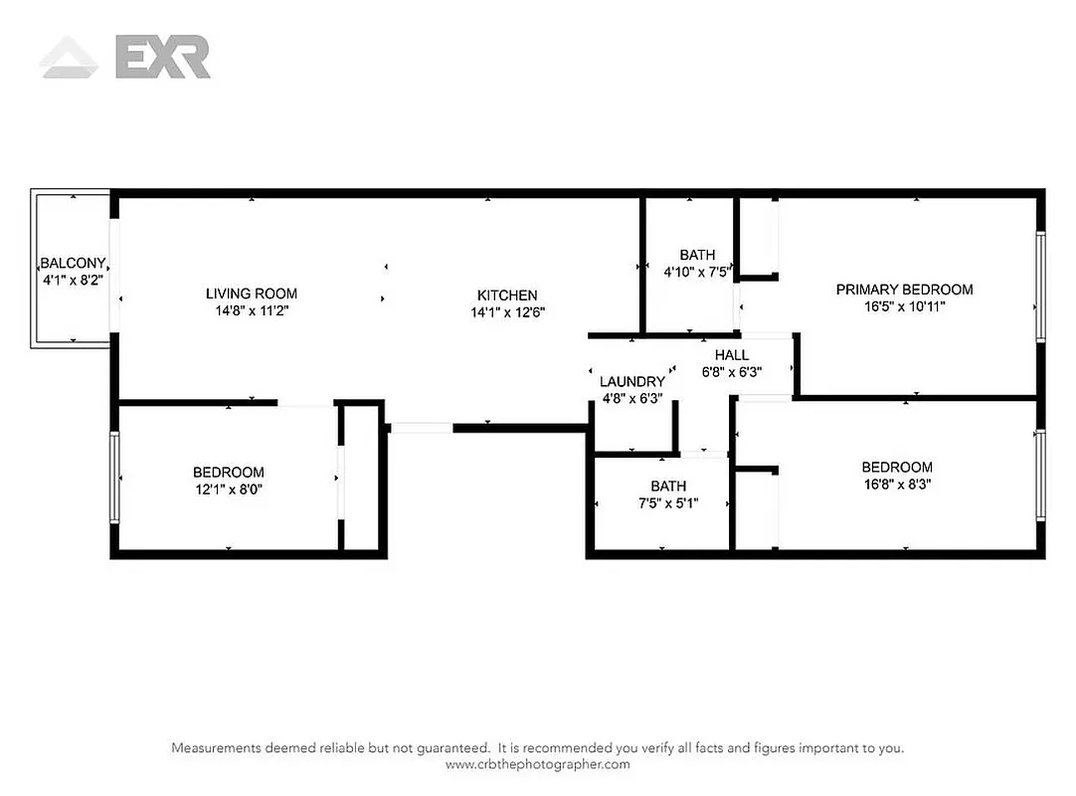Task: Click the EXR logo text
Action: [x=162, y=57]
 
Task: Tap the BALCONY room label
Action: [x=73, y=264]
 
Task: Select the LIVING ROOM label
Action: [x=252, y=294]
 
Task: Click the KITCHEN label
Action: [x=507, y=296]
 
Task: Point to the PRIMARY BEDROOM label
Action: [x=904, y=290]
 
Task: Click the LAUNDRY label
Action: [x=631, y=382]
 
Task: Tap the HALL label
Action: [x=732, y=355]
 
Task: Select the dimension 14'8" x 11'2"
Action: [x=252, y=310]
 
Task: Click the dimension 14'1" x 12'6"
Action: [x=507, y=312]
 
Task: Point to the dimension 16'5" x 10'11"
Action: [x=904, y=306]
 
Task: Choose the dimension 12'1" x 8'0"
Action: [x=229, y=489]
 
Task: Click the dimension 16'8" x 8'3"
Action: [x=896, y=485]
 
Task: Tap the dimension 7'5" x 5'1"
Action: [x=668, y=502]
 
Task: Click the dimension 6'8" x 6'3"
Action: [x=732, y=372]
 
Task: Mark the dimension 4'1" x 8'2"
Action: [x=73, y=281]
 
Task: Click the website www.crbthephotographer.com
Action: [x=537, y=764]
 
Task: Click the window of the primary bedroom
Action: [x=1040, y=287]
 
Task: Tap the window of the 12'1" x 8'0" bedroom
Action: [x=115, y=477]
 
